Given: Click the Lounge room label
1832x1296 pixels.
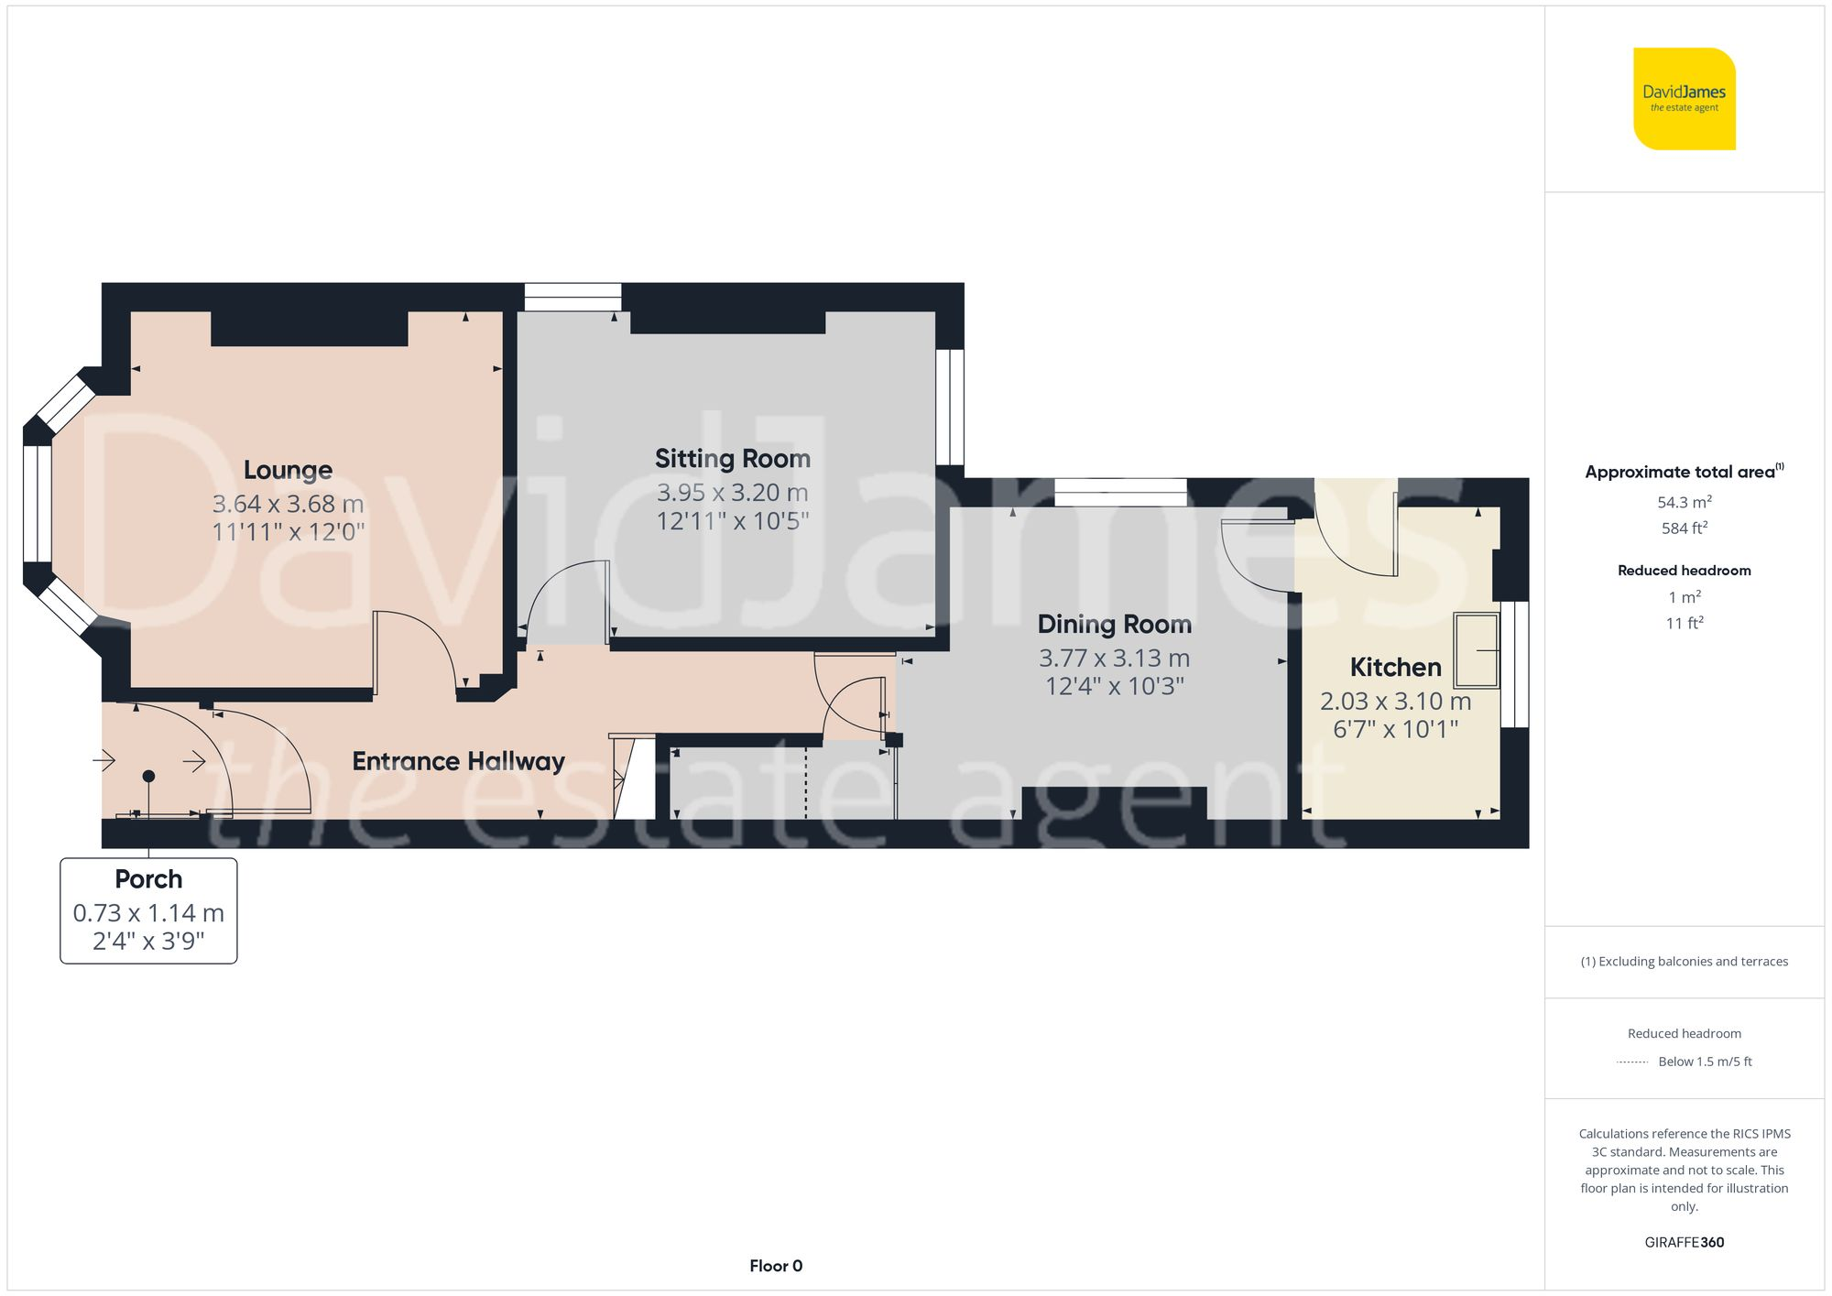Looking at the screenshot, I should click(x=288, y=470).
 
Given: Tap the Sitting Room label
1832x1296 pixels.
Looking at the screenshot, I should click(x=732, y=459).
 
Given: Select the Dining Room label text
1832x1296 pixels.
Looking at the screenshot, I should click(x=1114, y=625).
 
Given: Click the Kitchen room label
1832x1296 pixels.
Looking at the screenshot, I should click(x=1395, y=668).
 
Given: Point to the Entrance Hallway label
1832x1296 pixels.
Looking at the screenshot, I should click(x=458, y=761).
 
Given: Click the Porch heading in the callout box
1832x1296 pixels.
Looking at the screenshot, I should click(x=148, y=879).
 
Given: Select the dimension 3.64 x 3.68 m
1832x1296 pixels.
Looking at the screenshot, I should click(x=288, y=504).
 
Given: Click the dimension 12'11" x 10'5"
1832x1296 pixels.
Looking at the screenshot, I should click(x=732, y=521).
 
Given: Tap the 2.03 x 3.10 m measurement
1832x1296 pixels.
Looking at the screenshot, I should click(x=1395, y=702).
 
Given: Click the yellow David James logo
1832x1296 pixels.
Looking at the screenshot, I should click(x=1684, y=99).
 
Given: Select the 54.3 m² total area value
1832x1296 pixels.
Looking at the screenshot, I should click(x=1684, y=502).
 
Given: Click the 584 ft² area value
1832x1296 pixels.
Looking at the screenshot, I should click(x=1684, y=528).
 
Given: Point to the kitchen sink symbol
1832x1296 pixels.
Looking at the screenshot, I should click(x=1476, y=650).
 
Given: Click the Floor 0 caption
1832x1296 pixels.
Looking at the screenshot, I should click(x=776, y=1266).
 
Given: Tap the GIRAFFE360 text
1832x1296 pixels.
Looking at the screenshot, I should click(x=1684, y=1243).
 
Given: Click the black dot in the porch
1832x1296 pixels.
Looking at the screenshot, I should click(x=148, y=776).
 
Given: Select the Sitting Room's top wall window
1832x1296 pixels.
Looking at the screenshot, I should click(x=572, y=297).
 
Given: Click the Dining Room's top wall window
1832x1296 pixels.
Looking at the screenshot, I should click(x=1120, y=492).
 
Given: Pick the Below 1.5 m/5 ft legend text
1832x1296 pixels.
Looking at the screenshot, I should click(x=1705, y=1062).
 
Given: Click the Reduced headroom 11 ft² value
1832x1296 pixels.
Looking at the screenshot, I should click(x=1684, y=624).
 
